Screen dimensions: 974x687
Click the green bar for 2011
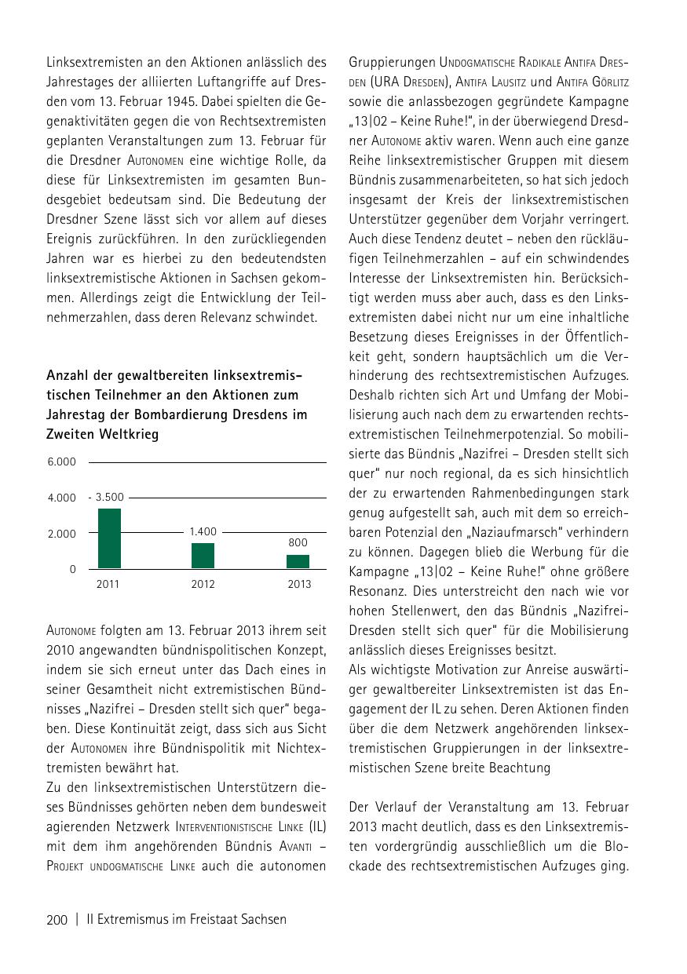coord(109,538)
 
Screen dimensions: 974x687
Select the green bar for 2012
coord(203,556)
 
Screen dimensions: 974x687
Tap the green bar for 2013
coord(298,561)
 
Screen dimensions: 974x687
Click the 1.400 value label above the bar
coord(203,531)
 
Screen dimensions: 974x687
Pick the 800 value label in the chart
coord(298,542)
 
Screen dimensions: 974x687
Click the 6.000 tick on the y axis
coord(62,461)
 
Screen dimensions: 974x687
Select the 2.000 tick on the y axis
coord(62,534)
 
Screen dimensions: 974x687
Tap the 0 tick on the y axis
coord(72,569)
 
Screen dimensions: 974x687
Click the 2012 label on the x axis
coord(203,584)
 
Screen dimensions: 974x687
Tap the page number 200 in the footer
coord(57,919)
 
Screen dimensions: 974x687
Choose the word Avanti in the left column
coord(293,846)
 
